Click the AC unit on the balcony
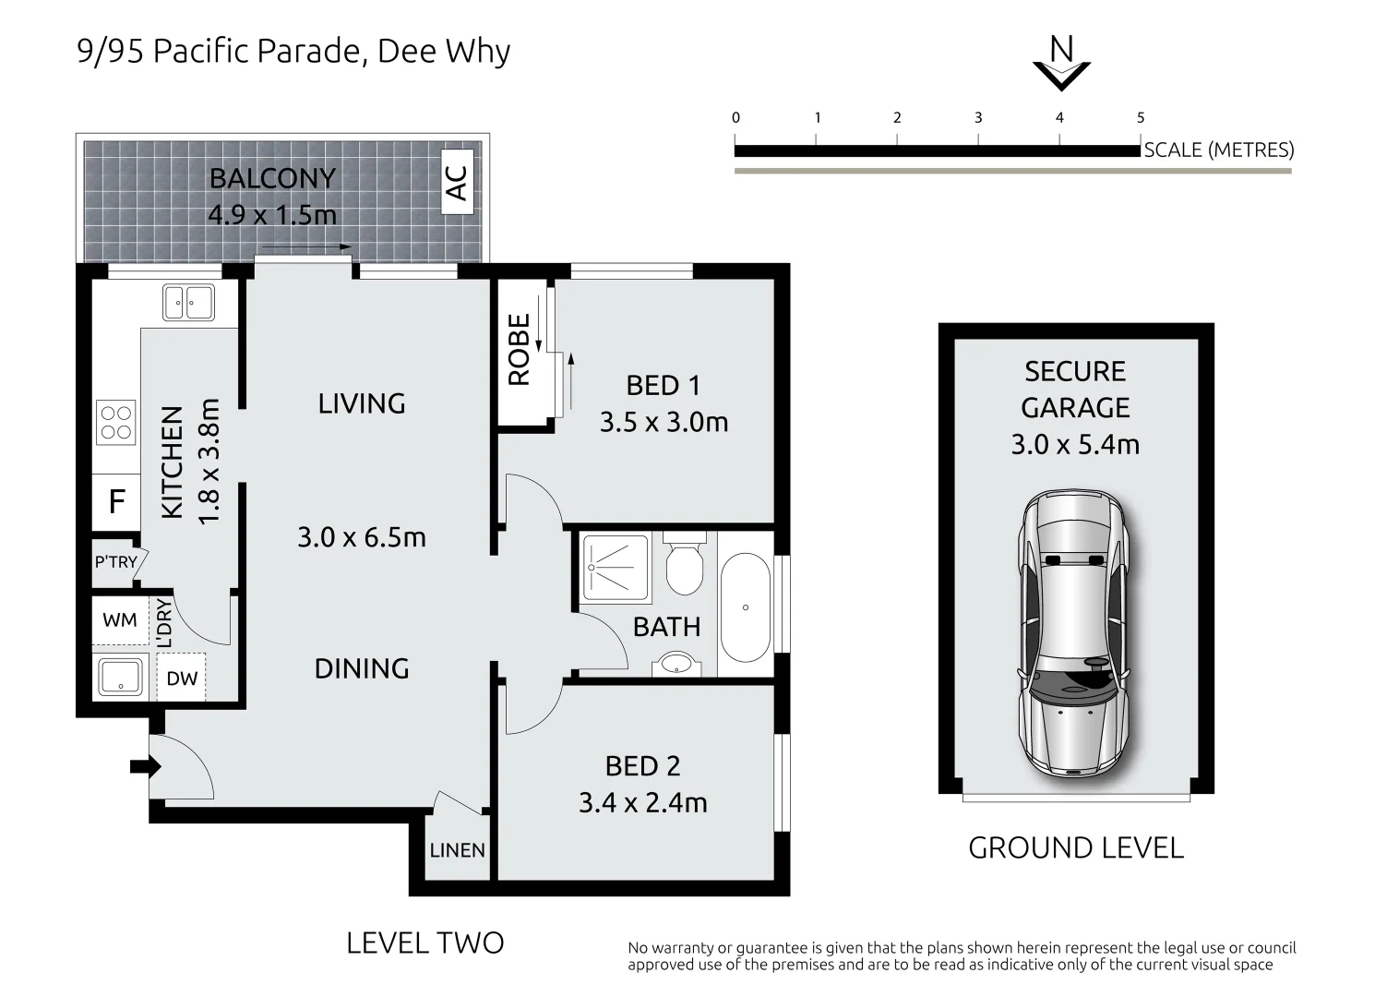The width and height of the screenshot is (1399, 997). point(457,182)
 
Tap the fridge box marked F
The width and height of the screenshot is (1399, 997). point(116,502)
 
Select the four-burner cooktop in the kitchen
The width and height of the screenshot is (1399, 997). point(116,422)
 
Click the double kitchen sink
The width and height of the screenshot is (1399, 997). point(188,303)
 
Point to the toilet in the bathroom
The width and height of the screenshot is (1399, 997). point(685,563)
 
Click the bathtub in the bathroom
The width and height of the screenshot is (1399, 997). point(746,607)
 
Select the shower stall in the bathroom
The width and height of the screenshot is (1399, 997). point(616,568)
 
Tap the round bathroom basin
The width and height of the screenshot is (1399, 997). point(676,664)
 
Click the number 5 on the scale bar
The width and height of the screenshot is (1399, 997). point(1141,117)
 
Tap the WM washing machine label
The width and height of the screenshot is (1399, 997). point(120,620)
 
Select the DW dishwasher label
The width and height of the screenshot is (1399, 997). point(182,679)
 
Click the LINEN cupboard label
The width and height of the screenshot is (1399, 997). point(457,850)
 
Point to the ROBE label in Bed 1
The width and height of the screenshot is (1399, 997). point(519,350)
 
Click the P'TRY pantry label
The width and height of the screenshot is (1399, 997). point(115,562)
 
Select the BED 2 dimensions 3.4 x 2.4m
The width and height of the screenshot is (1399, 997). point(642,803)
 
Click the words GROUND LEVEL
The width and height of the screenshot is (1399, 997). point(1076,848)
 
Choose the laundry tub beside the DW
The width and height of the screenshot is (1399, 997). point(121,677)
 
